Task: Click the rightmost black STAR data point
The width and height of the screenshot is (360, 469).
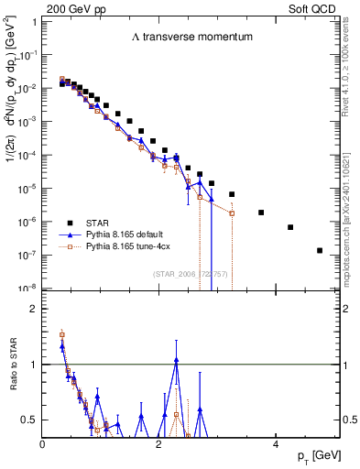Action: (x=320, y=250)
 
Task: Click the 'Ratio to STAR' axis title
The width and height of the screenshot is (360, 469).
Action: (x=13, y=389)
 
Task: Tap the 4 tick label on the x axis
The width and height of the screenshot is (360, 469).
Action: (x=275, y=443)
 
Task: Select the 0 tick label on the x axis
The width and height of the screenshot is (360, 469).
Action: (x=42, y=443)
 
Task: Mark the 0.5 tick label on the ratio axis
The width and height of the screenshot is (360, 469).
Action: (x=29, y=420)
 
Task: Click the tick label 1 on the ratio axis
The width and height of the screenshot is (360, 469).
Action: (x=33, y=364)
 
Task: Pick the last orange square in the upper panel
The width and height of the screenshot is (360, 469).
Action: (x=232, y=213)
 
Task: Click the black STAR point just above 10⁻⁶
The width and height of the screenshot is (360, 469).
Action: (x=261, y=213)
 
